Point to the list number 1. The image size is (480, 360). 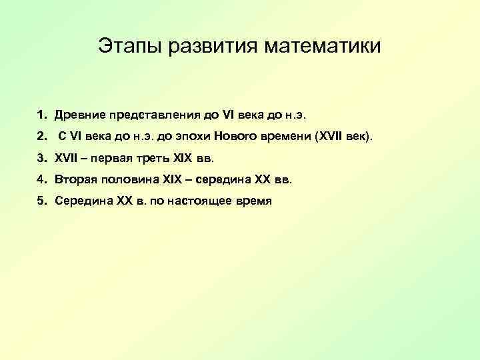pos(41,114)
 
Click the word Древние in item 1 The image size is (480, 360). pos(78,114)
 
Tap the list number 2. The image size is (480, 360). pos(41,136)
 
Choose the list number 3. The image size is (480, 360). pos(41,158)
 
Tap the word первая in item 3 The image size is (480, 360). pos(117,158)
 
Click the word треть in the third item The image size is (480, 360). pos(157,158)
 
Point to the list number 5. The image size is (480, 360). pos(41,201)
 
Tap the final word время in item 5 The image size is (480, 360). pos(254,201)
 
